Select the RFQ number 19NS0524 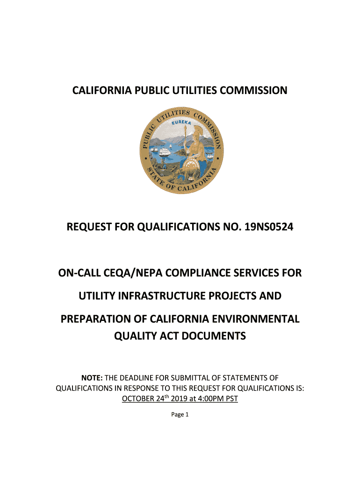pyautogui.click(x=266, y=228)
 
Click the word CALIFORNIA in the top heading pyautogui.click(x=102, y=90)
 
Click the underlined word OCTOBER pyautogui.click(x=140, y=399)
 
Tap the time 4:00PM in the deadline pyautogui.click(x=208, y=399)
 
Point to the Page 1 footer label pyautogui.click(x=180, y=414)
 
